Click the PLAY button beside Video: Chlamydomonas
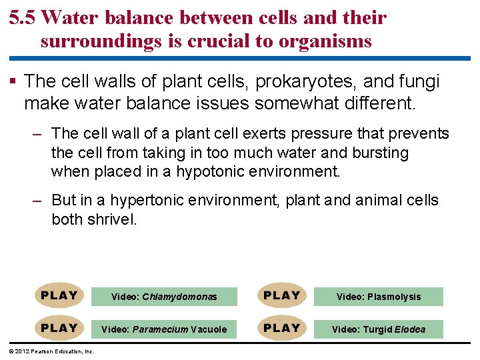click(x=59, y=295)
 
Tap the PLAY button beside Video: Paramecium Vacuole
click(x=59, y=328)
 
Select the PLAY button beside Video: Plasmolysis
click(x=282, y=295)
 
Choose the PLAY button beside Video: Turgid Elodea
click(x=282, y=328)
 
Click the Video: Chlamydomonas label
click(x=164, y=297)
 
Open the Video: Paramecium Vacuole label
click(x=164, y=329)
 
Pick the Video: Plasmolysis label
click(x=379, y=297)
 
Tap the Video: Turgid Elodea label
click(x=379, y=329)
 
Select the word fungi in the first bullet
click(x=421, y=82)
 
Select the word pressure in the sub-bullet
click(x=307, y=134)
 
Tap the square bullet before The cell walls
click(x=14, y=82)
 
